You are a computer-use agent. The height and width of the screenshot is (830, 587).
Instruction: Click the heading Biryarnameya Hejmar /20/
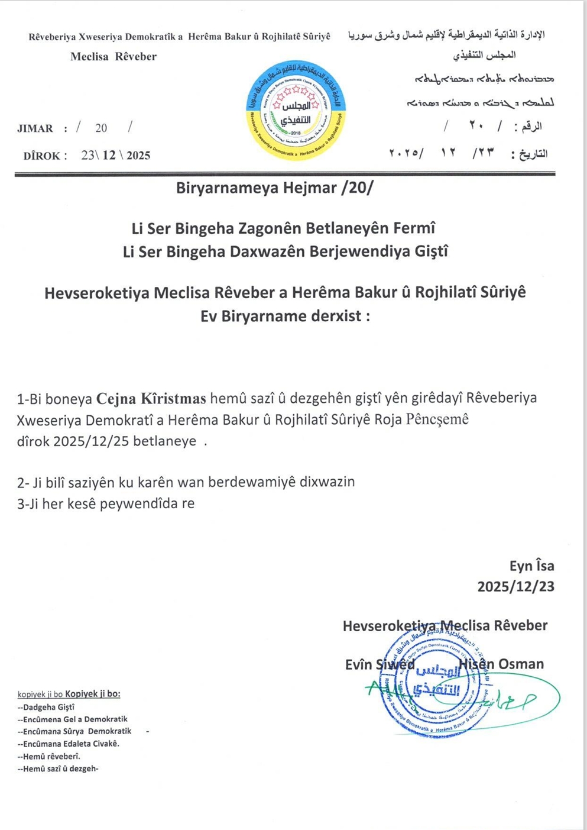(274, 188)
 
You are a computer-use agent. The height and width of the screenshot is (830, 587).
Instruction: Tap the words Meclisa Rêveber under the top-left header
(113, 57)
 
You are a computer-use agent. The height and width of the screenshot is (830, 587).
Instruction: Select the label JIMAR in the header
(35, 128)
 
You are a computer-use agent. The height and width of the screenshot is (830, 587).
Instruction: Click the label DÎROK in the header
(42, 156)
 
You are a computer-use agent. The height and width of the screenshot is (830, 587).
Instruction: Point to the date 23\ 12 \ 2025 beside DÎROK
(116, 156)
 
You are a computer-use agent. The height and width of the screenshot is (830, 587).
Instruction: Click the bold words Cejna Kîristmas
(151, 398)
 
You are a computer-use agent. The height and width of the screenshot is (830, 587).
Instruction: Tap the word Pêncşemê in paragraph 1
(437, 419)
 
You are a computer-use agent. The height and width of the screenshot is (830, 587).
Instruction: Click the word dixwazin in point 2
(327, 482)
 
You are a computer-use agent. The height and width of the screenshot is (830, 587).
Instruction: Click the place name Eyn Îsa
(531, 566)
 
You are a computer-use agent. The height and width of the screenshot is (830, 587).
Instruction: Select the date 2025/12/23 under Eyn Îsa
(515, 586)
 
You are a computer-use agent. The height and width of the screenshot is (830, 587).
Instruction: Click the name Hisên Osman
(501, 664)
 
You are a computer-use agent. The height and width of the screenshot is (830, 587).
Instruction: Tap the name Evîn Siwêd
(380, 665)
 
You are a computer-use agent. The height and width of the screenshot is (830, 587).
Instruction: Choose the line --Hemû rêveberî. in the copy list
(49, 756)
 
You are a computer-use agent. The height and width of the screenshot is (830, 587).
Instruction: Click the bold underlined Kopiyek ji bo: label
(93, 694)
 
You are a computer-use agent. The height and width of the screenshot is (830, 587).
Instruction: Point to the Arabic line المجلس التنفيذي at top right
(484, 55)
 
